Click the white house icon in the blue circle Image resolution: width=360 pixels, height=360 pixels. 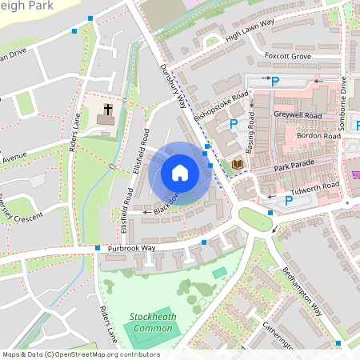click(179, 172)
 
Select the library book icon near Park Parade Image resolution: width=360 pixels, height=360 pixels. click(237, 164)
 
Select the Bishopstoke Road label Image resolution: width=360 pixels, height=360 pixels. click(218, 112)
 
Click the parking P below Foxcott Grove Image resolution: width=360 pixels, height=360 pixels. click(275, 81)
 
